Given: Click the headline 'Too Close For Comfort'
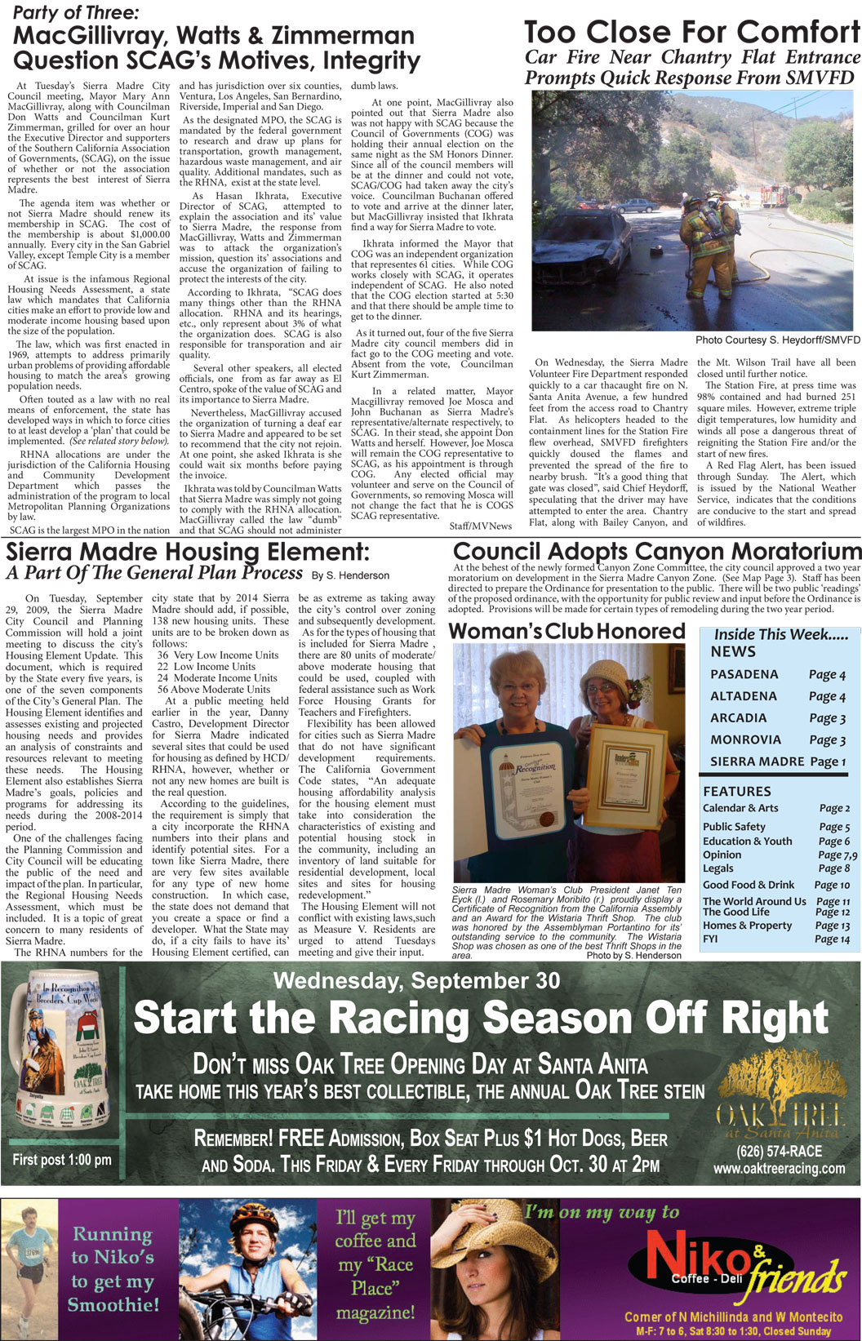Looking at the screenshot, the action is [691, 33].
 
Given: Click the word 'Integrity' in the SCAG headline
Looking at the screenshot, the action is [371, 60].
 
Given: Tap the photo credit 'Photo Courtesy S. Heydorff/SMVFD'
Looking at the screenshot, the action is [777, 340].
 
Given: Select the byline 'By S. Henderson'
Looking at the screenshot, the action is [350, 575].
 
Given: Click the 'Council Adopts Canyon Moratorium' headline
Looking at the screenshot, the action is [656, 552].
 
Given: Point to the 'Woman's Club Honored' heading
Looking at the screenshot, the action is [567, 631].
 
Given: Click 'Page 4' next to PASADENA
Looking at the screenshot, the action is [826, 675].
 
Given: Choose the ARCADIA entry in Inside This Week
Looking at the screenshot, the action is [738, 718].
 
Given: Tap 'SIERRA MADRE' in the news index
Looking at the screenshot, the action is [757, 762].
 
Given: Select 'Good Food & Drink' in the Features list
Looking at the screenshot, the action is [748, 885].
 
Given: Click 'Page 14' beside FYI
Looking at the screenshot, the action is [832, 939].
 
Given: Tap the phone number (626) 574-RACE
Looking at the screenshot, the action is [779, 1152].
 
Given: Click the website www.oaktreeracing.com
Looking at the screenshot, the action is [779, 1169].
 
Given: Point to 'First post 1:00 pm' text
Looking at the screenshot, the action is [62, 1160].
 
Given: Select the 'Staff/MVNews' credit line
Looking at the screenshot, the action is [480, 526].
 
